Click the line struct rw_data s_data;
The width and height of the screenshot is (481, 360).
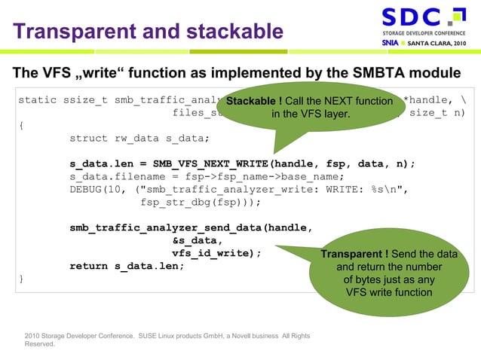tap(139, 138)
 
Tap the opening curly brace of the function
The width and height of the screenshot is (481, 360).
tap(21, 125)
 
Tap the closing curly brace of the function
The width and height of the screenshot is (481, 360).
tap(21, 279)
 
